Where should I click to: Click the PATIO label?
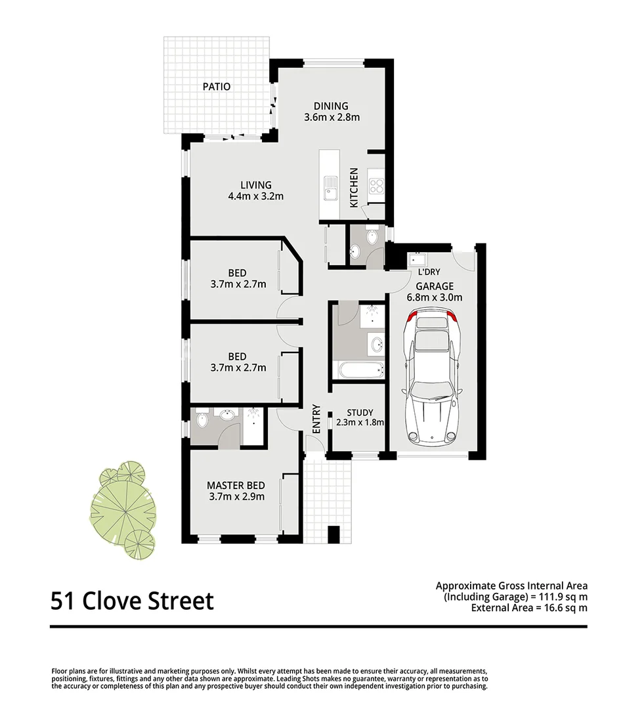coord(217,87)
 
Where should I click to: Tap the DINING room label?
coord(331,106)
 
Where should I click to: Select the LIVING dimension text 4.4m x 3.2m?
coord(256,196)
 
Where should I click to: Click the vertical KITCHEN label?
coord(354,188)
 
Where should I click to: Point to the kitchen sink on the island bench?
coord(330,188)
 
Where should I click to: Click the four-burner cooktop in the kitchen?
coord(376,186)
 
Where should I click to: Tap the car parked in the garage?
coord(433,376)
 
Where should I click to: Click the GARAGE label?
coord(435,286)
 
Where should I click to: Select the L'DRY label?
coord(429,272)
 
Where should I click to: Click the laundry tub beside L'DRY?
coord(416,259)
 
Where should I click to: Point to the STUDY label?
coord(360,412)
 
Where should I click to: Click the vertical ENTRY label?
coord(316,419)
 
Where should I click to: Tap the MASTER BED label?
coord(236,485)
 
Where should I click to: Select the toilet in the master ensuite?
coord(202,419)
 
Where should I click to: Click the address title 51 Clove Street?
coord(132,601)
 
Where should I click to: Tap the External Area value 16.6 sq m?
coord(565,608)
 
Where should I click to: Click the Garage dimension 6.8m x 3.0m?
coord(435,297)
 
